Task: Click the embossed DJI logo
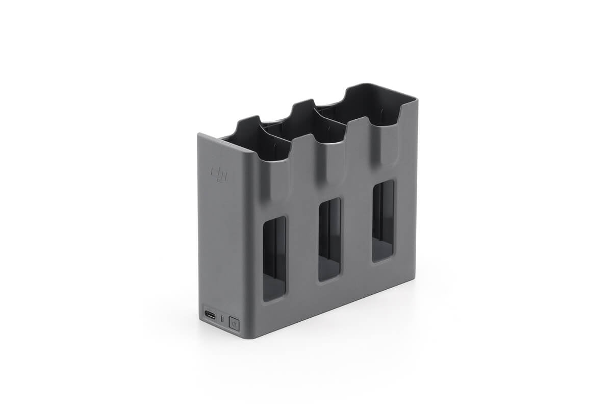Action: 219,173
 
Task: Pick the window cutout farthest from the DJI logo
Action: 383,220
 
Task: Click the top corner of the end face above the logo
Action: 199,135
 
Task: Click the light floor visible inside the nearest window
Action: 274,291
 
